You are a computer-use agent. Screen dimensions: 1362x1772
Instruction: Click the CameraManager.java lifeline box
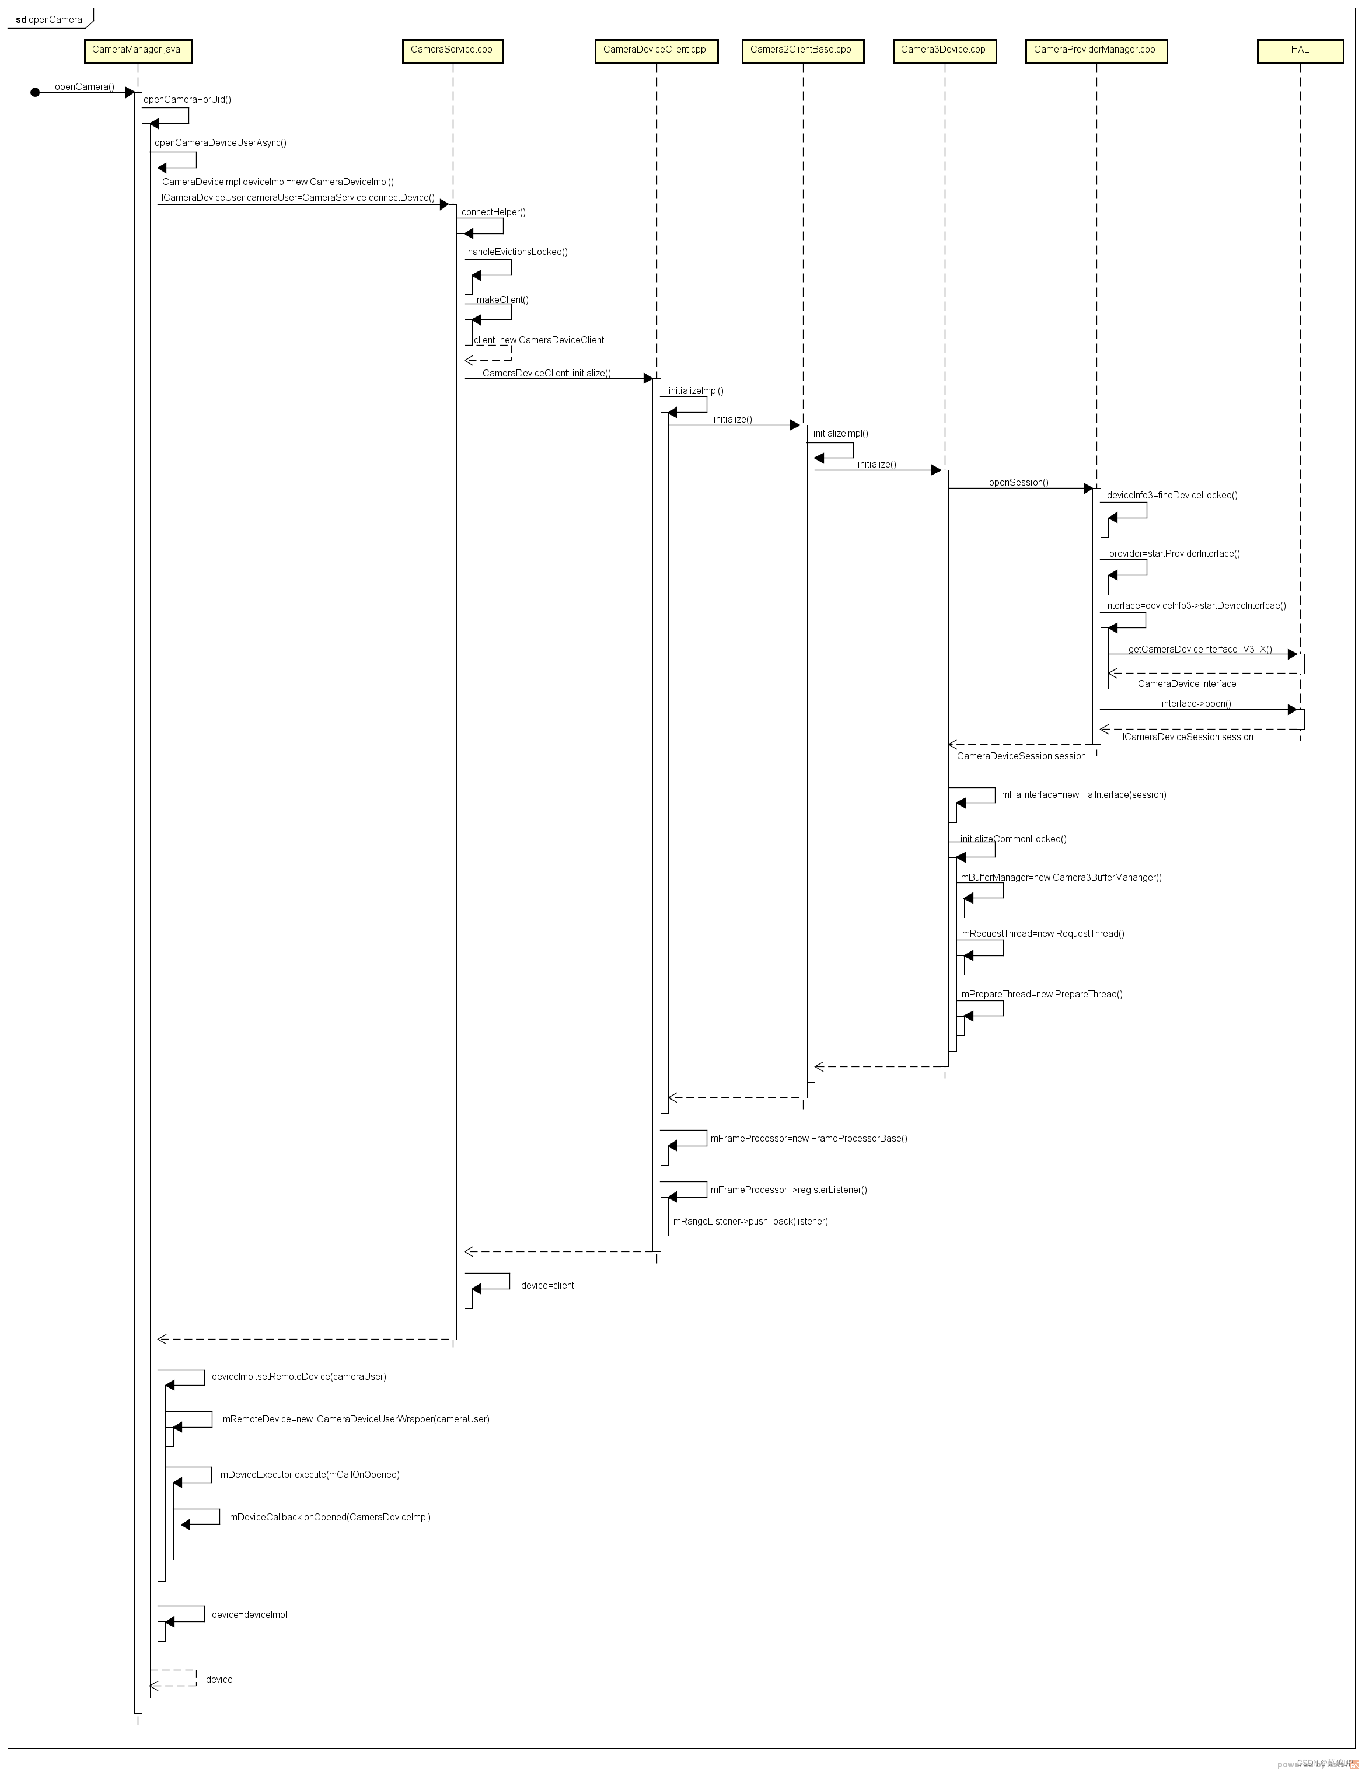138,50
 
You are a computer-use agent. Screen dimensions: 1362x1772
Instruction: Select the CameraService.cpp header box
452,50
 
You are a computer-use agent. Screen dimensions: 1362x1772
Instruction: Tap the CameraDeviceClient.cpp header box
656,50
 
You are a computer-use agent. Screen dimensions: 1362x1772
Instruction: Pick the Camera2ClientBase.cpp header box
802,50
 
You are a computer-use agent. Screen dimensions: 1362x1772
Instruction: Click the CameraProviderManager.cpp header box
1095,50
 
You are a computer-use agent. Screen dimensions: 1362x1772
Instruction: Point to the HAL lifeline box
1300,50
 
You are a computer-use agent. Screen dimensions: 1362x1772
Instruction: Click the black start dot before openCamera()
35,92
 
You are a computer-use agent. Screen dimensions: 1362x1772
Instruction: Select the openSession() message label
1018,483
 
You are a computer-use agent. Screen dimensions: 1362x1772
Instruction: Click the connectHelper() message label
494,212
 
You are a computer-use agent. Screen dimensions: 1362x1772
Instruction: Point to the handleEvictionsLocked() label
517,252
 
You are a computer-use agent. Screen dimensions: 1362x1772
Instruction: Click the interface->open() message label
1196,704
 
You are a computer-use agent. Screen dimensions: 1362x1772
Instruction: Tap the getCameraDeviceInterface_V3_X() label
1200,650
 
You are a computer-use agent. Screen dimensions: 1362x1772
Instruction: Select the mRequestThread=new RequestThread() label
1043,933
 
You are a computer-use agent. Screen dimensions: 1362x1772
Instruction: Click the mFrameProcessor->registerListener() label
788,1190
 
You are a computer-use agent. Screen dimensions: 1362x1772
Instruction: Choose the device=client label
547,1285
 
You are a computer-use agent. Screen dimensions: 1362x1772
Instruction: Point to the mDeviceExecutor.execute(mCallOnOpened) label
310,1474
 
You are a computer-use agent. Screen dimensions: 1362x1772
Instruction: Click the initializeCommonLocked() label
1012,839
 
